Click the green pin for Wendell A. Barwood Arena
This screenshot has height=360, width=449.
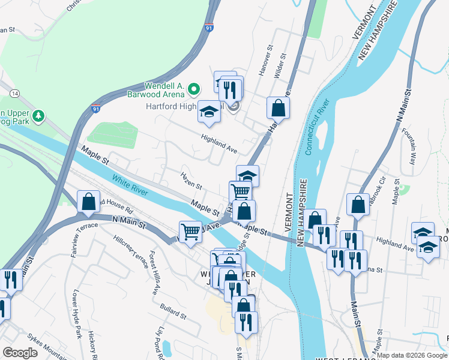[x=193, y=90]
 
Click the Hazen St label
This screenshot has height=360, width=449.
[x=191, y=178]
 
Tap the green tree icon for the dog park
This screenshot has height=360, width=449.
[x=38, y=114]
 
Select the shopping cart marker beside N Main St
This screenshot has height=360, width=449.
[x=190, y=231]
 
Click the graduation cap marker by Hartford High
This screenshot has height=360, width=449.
[x=209, y=112]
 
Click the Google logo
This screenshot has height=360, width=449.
[x=20, y=352]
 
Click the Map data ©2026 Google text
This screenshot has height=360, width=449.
[x=411, y=355]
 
